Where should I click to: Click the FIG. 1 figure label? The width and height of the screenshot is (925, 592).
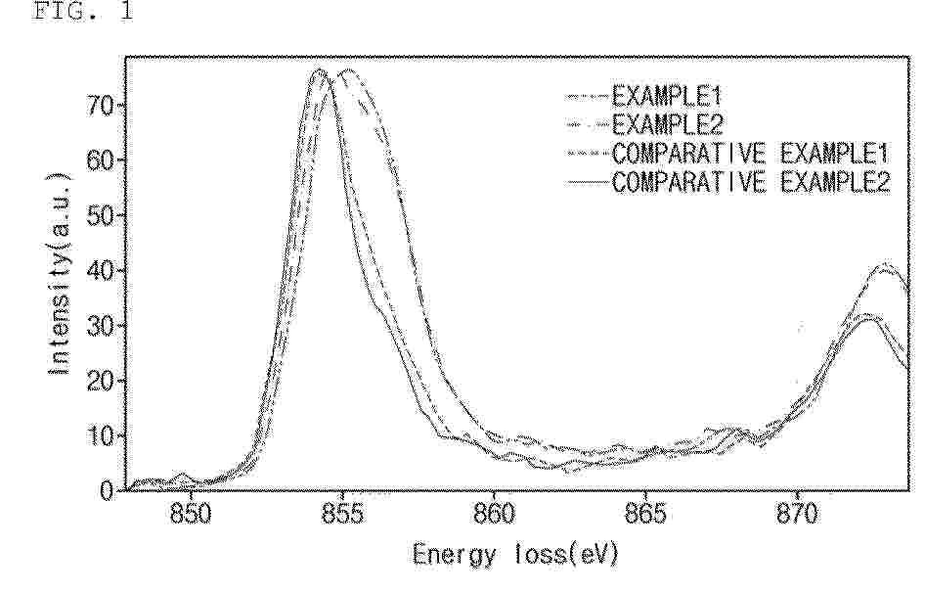(82, 11)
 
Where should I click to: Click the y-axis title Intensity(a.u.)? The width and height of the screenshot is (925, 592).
(60, 274)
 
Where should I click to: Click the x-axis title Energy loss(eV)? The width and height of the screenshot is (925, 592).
(515, 556)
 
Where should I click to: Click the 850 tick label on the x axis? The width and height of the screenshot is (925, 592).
(190, 514)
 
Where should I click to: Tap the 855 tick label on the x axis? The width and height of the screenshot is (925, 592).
(342, 514)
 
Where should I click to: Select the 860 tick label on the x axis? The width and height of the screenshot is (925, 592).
(494, 514)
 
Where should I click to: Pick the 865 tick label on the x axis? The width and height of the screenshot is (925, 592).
(645, 514)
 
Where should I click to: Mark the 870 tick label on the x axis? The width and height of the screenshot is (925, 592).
(797, 514)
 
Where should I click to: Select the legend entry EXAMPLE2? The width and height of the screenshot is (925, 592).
(644, 124)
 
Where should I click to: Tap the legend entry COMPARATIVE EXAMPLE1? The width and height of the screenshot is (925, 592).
(727, 154)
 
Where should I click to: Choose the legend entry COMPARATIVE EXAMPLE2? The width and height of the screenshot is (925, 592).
(727, 182)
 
